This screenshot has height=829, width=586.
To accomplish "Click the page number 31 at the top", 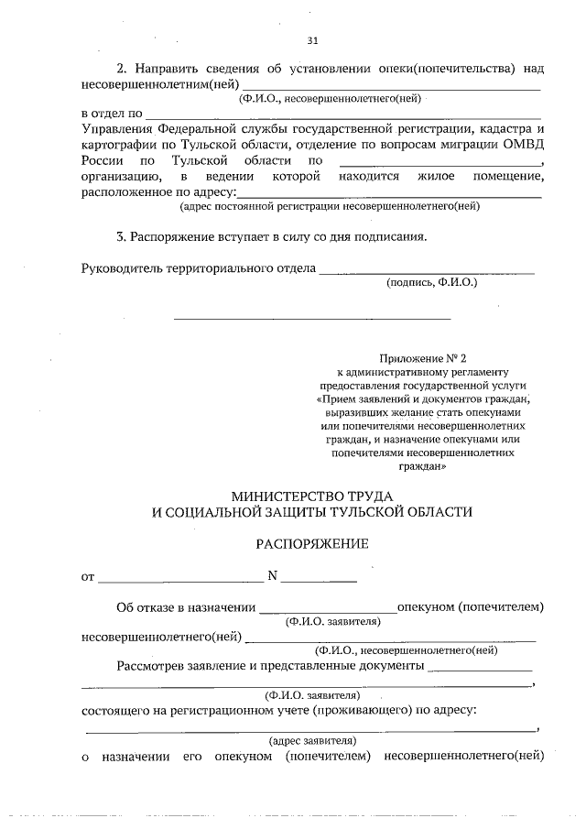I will [312, 40].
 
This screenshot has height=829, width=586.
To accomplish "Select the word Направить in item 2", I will [166, 69].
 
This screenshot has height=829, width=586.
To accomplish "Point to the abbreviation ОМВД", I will [522, 145].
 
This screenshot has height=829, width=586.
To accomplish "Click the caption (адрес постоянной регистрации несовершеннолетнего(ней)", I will [330, 206].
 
